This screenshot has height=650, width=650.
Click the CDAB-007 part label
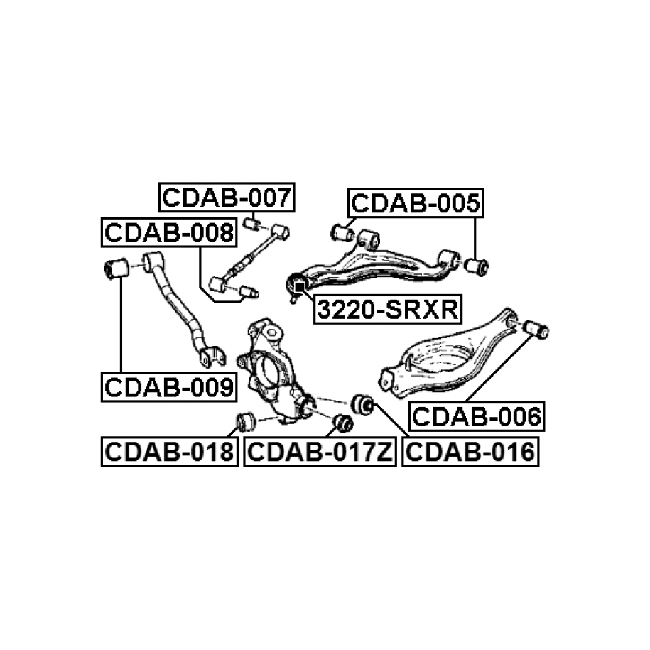point(227,197)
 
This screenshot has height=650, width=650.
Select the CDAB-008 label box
point(169,232)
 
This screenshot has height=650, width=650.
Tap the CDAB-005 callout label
point(416,202)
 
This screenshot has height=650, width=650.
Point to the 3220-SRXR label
point(388,309)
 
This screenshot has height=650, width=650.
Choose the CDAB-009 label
point(169,387)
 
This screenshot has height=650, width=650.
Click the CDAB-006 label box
point(477,416)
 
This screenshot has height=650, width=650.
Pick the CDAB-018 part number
point(170,451)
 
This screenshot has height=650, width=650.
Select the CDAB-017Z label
point(320,451)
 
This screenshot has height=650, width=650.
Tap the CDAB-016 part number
point(470,451)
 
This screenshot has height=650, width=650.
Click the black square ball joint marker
point(299,286)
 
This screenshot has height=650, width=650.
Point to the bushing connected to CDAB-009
point(116,269)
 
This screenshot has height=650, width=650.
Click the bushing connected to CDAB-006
point(536,330)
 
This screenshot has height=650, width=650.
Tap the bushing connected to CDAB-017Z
point(344,423)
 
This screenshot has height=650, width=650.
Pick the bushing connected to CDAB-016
point(363,403)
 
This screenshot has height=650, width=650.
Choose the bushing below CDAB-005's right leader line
point(476,266)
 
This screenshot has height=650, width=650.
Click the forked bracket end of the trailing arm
point(212,356)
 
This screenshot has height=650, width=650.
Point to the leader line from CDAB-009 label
point(121,325)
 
